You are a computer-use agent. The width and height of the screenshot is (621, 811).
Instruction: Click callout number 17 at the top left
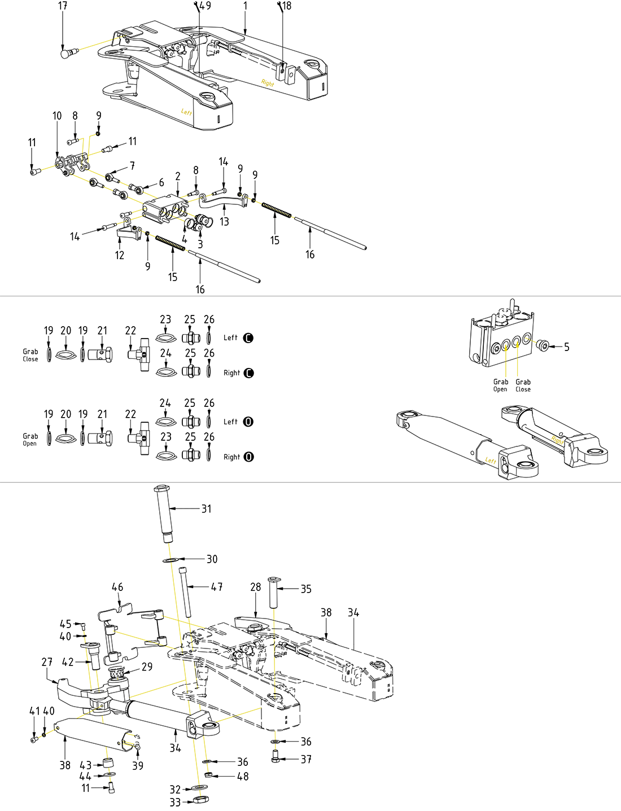tap(63, 6)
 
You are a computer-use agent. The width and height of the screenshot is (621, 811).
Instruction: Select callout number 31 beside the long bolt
tap(207, 509)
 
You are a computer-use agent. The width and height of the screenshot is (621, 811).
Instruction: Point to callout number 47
tap(217, 588)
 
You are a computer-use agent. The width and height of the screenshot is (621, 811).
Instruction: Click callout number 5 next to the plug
tap(567, 347)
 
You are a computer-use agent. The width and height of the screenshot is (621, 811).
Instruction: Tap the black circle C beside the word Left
tap(248, 338)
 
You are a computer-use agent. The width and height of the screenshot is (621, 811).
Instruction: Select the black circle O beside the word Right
tap(248, 457)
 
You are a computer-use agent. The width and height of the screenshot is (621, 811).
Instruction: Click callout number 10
tap(57, 116)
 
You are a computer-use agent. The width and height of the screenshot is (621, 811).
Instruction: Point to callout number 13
tap(225, 222)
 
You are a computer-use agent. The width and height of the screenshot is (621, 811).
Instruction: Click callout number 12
tap(120, 256)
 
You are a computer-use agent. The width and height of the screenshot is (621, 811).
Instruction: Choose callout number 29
tap(147, 667)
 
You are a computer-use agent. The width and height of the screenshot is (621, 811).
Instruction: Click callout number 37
tap(306, 760)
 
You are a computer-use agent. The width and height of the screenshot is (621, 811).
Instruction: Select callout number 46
tap(117, 588)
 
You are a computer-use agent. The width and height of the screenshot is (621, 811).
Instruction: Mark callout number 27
tap(47, 662)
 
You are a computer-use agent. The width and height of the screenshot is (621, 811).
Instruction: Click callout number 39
tap(138, 766)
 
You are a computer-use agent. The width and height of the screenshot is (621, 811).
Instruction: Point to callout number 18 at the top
tap(287, 6)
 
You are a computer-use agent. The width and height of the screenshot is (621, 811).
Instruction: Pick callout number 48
tap(243, 777)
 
